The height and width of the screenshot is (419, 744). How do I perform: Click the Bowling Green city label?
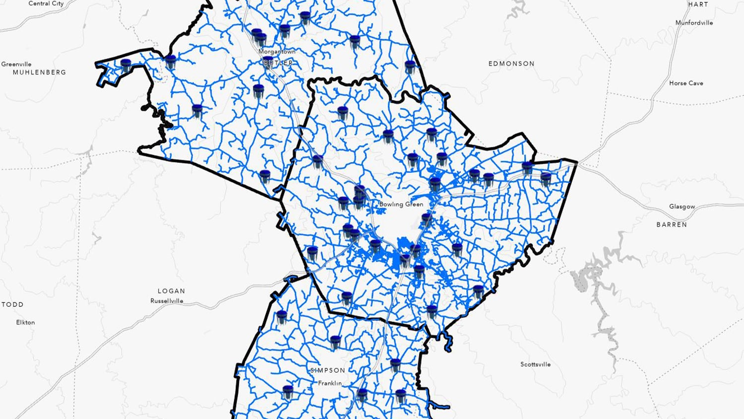tap(401, 204)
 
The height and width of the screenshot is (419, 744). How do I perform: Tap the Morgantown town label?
tap(277, 52)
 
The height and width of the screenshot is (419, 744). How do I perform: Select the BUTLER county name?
tap(278, 63)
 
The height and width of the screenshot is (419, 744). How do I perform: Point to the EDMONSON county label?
tap(511, 64)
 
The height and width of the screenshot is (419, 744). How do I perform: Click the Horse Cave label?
tap(686, 83)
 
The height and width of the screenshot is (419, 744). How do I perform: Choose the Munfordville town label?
tap(694, 23)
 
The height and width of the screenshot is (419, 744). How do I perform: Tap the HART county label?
tap(698, 4)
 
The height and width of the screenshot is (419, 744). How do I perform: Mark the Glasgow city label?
tap(682, 207)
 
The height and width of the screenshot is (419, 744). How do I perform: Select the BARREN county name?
tap(672, 224)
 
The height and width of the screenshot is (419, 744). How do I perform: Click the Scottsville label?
tap(535, 364)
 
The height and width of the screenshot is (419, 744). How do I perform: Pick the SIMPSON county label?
tap(327, 370)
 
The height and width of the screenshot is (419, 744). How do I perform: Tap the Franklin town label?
tap(330, 383)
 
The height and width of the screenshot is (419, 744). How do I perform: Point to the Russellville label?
tap(167, 301)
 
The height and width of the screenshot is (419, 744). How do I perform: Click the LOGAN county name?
tap(171, 291)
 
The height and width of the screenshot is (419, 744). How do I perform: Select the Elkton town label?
tap(25, 322)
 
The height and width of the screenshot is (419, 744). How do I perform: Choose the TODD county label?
tap(12, 304)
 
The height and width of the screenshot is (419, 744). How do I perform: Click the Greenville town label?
tap(16, 64)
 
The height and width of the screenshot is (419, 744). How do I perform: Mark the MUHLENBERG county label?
tap(39, 72)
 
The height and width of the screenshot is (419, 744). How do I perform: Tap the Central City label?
tap(46, 3)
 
